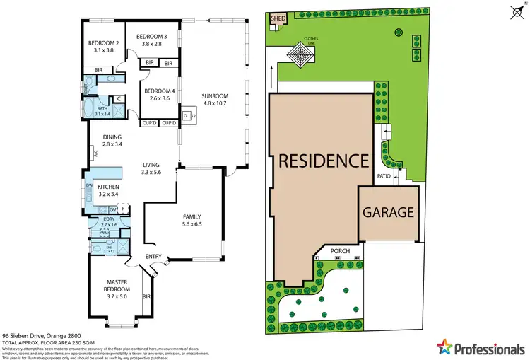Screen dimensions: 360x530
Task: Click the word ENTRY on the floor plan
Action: pos(153,256)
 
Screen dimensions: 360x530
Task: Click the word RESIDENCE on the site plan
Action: pos(323,160)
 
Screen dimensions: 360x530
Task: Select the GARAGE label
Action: pos(388,211)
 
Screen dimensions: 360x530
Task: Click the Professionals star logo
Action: pos(444,347)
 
